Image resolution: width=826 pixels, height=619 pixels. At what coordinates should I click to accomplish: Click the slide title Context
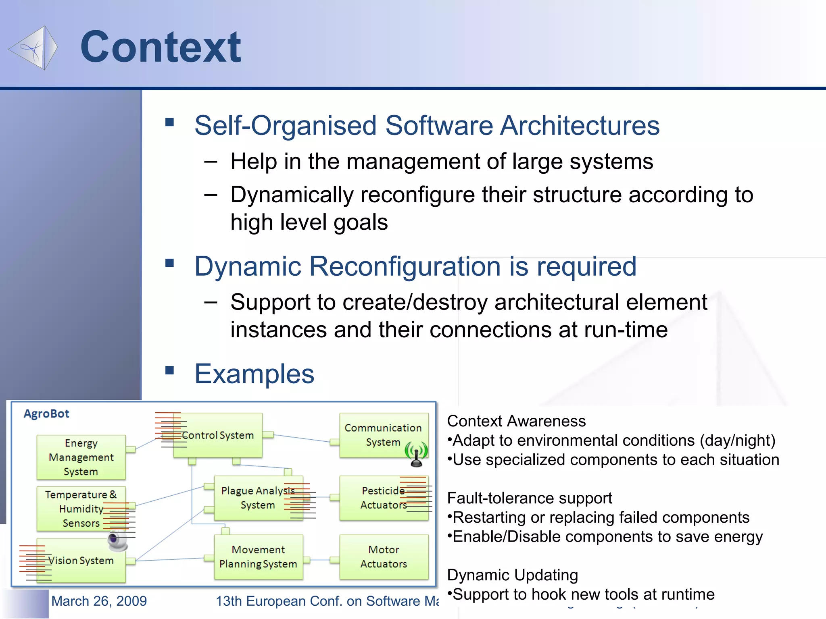161,47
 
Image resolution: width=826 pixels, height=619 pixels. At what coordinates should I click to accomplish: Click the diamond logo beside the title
33,48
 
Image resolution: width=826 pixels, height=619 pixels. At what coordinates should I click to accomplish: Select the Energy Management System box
81,457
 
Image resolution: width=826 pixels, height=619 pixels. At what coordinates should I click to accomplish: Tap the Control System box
218,435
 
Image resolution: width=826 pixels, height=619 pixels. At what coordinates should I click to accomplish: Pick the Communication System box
383,434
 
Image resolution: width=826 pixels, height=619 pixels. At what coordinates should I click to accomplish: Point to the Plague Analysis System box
258,498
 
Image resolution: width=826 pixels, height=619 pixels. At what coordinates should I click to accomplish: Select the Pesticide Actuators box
383,498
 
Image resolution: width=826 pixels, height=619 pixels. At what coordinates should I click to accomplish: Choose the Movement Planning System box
259,557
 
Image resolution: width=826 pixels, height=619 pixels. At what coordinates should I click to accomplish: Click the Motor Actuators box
384,557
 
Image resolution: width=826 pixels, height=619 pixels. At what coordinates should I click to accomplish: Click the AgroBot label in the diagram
46,414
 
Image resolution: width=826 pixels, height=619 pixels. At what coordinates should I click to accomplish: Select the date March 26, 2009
99,601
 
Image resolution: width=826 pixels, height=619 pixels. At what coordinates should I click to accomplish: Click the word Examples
254,374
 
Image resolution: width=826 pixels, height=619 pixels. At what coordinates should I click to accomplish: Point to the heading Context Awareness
516,421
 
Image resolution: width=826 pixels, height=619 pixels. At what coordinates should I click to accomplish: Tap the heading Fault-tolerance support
530,498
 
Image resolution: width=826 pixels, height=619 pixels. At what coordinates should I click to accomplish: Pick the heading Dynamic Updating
513,575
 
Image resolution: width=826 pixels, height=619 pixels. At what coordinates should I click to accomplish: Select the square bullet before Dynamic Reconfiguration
170,264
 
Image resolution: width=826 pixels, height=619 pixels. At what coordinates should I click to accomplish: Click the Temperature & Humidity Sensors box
81,509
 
